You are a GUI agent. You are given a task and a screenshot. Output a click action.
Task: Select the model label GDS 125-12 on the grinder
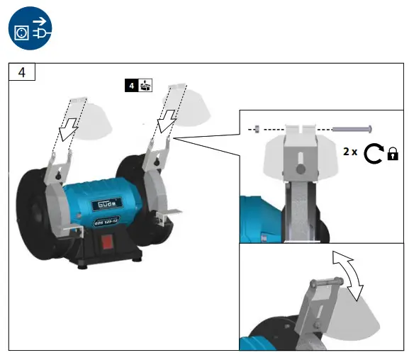click(107, 220)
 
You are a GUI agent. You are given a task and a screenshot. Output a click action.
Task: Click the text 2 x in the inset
click(349, 152)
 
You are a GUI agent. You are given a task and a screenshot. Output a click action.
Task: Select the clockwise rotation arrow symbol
click(373, 152)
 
